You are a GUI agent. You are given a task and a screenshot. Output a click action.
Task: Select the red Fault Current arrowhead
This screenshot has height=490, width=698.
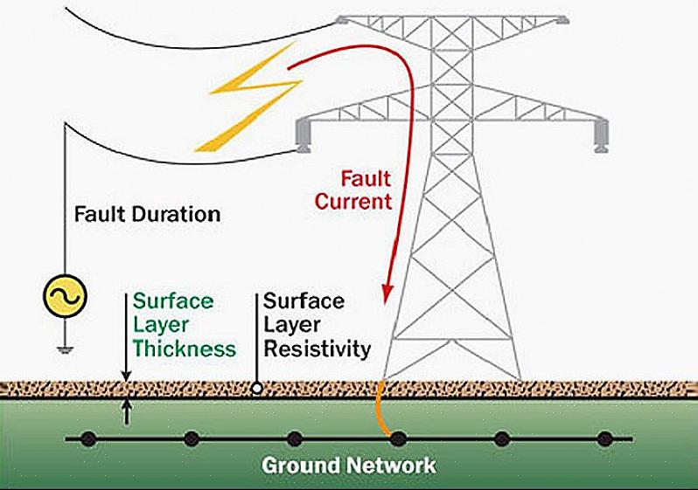click(x=384, y=296)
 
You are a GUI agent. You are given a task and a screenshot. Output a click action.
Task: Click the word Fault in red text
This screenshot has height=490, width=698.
click(x=366, y=179)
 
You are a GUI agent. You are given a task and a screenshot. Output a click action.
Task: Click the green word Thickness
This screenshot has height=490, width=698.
click(x=185, y=349)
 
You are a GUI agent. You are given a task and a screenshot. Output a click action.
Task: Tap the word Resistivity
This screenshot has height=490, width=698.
click(x=318, y=349)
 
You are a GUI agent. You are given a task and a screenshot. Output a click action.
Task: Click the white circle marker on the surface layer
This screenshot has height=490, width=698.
click(x=256, y=388)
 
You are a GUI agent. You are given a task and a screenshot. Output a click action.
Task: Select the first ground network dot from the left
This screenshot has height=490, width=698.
click(x=88, y=438)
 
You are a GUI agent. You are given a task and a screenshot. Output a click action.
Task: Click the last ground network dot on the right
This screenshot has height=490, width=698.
click(x=604, y=438)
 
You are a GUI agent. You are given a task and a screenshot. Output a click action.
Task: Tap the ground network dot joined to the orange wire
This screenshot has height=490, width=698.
click(x=398, y=438)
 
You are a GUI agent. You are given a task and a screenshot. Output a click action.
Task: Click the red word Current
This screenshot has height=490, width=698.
click(x=354, y=201)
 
